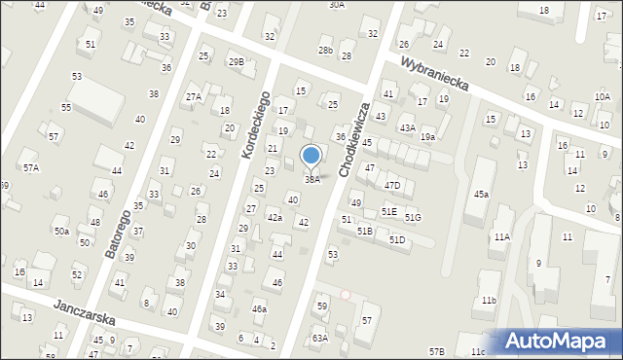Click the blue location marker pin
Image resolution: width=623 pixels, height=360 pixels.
coord(311,156)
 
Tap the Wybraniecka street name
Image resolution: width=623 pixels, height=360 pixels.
coord(435,74)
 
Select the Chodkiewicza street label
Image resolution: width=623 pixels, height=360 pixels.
coord(355,139)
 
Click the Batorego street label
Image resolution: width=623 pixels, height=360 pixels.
coord(116,220)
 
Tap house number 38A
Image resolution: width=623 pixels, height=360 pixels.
coord(312,180)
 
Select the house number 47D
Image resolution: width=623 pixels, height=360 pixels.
coord(391,185)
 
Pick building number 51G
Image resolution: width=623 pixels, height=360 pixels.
coord(414,217)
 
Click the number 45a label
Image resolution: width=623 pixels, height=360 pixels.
coord(481,195)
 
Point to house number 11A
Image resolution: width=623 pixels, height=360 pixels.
coord(501,236)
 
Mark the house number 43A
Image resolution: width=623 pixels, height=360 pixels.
coord(407,128)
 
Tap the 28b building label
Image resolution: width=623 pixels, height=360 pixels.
coord(325,51)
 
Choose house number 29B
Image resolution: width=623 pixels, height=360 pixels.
coord(236,61)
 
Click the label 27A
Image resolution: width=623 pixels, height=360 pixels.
coord(194,96)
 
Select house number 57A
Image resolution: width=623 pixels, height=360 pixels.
coord(31,167)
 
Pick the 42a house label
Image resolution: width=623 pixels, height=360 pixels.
coord(275,218)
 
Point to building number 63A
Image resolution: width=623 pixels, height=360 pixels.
coord(320,339)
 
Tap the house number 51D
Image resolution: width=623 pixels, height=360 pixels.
coord(397,239)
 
